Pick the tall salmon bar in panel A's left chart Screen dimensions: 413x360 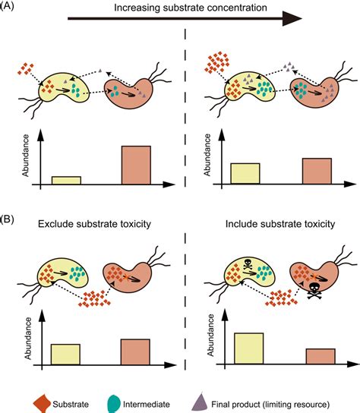pos(137,165)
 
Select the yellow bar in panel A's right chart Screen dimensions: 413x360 pos(245,173)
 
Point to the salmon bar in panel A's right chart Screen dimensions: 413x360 pos(317,171)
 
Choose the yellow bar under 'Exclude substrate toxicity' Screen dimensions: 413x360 pos(65,355)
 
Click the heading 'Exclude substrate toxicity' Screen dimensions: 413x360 pos(93,225)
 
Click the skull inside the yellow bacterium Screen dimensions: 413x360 pos(249,264)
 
